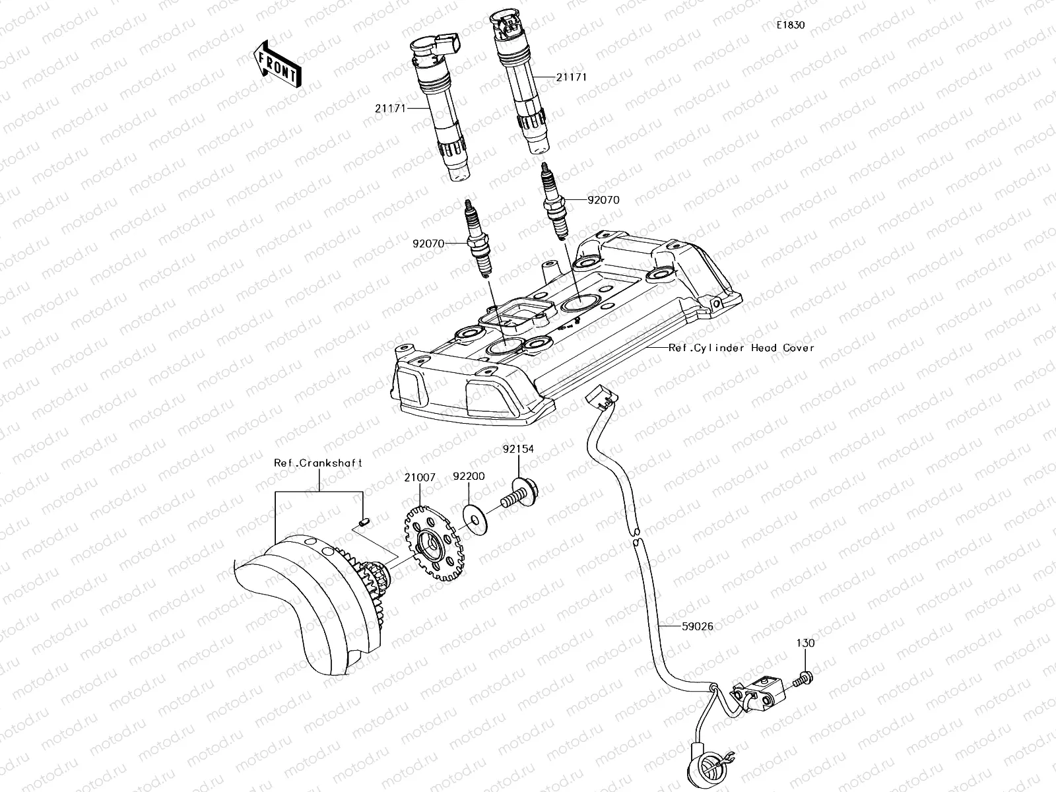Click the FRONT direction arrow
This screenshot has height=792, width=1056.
pos(276,64)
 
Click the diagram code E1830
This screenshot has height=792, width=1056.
pos(790,25)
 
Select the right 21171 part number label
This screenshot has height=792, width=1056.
pos(571,77)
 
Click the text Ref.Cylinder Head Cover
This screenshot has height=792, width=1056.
pos(741,348)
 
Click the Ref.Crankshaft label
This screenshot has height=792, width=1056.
pos(318,463)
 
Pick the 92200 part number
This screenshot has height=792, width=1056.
pos(469,476)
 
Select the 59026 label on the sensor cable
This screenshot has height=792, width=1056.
pos(697,626)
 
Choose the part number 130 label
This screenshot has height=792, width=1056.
pos(805,643)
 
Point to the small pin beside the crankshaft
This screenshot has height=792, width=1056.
pos(363,524)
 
